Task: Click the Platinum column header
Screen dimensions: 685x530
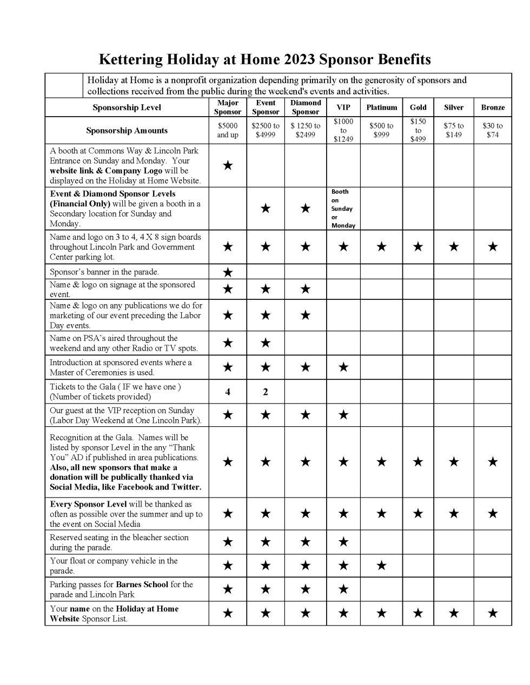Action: [x=381, y=108]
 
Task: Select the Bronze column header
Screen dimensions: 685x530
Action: [x=492, y=108]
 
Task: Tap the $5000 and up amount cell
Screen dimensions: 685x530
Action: [x=227, y=130]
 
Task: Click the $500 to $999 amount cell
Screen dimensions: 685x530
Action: [x=381, y=130]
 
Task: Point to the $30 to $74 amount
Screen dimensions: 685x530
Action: [x=492, y=130]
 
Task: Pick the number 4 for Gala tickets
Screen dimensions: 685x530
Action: [x=228, y=392]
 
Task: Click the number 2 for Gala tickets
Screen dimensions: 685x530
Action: [x=265, y=392]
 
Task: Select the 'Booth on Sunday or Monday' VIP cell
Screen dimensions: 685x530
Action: [x=342, y=209]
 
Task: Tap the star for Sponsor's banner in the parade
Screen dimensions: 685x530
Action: [x=228, y=272]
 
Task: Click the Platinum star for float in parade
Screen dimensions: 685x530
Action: [x=381, y=566]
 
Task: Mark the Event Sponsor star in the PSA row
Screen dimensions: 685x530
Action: [x=265, y=343]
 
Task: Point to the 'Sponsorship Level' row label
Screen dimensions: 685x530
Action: [x=127, y=108]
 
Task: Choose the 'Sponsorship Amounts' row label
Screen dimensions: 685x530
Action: [x=127, y=130]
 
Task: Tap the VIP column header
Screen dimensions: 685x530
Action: [x=343, y=108]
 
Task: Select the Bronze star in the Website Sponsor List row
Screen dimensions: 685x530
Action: [x=492, y=613]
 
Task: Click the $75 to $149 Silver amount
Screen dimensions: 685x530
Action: [x=453, y=130]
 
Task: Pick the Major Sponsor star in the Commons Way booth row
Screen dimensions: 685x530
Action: [x=228, y=165]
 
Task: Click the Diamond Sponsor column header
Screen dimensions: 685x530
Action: [x=306, y=107]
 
